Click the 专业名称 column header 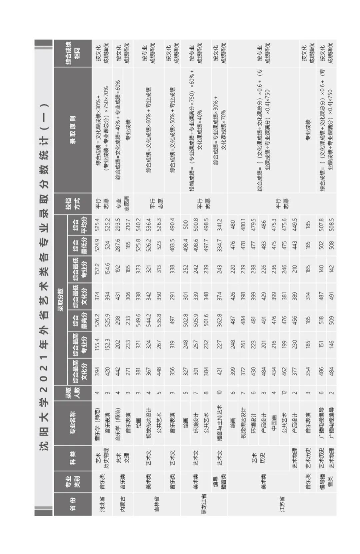pyautogui.click(x=73, y=423)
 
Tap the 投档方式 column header pyautogui.click(x=73, y=203)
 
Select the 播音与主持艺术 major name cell pyautogui.click(x=220, y=423)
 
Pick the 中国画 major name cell pyautogui.click(x=274, y=423)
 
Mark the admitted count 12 pyautogui.click(x=284, y=393)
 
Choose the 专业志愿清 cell pyautogui.click(x=123, y=203)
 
